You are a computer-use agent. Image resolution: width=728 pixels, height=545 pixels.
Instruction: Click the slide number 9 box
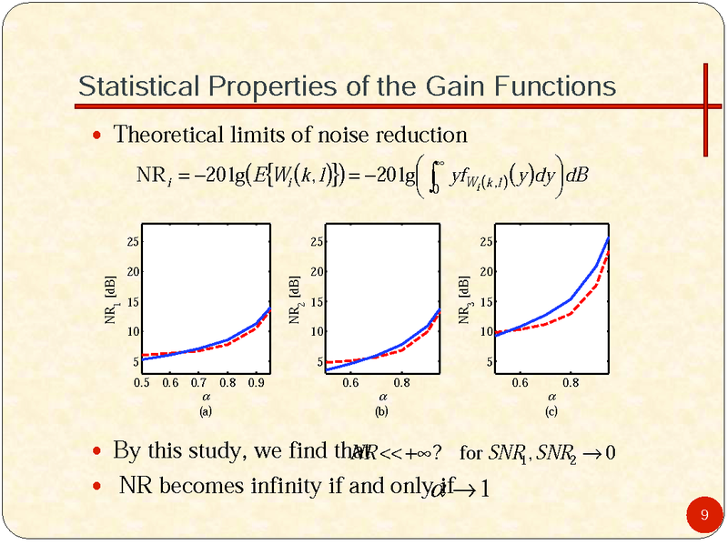pos(703,517)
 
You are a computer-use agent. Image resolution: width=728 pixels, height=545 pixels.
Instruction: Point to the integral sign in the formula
pos(435,176)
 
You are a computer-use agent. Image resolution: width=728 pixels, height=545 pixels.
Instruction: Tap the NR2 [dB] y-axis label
pos(295,304)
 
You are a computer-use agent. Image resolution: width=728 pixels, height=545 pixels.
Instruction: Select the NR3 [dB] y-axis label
pos(463,304)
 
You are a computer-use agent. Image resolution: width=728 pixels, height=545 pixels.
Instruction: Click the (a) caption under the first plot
pos(206,411)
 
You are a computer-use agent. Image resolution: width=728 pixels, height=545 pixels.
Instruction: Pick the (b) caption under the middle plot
pos(381,411)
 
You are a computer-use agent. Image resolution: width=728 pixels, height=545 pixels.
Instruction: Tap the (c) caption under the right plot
pos(551,411)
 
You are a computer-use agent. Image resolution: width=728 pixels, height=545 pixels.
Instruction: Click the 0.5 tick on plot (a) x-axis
pos(142,383)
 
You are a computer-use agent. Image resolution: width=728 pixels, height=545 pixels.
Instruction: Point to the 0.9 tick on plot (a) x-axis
pos(256,383)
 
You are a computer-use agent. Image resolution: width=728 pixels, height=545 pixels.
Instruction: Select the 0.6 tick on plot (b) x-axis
pos(350,383)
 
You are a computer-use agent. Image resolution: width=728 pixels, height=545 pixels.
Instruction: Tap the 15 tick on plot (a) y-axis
pos(133,301)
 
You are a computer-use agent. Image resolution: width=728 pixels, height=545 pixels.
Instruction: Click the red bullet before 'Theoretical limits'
pos(99,136)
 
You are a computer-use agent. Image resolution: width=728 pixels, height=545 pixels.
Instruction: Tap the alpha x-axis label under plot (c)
pos(552,398)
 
